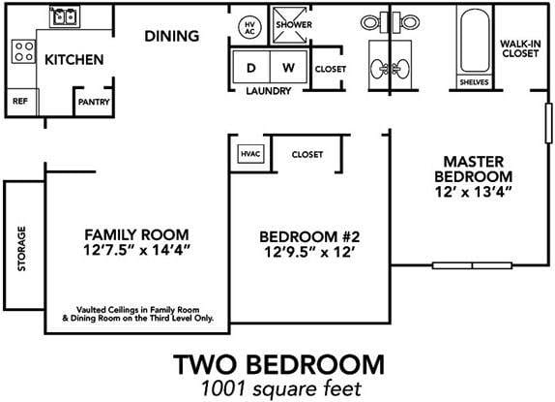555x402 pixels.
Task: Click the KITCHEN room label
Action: coord(74,60)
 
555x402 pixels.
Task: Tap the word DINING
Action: coord(172,37)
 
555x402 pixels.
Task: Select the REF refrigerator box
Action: coord(19,101)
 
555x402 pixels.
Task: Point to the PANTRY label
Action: coord(93,101)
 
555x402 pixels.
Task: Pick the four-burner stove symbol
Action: coord(20,49)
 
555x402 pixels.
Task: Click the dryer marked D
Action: coord(251,68)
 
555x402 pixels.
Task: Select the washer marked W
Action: coord(288,68)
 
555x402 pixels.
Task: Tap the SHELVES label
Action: coord(475,82)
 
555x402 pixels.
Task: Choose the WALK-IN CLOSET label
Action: coord(519,49)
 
